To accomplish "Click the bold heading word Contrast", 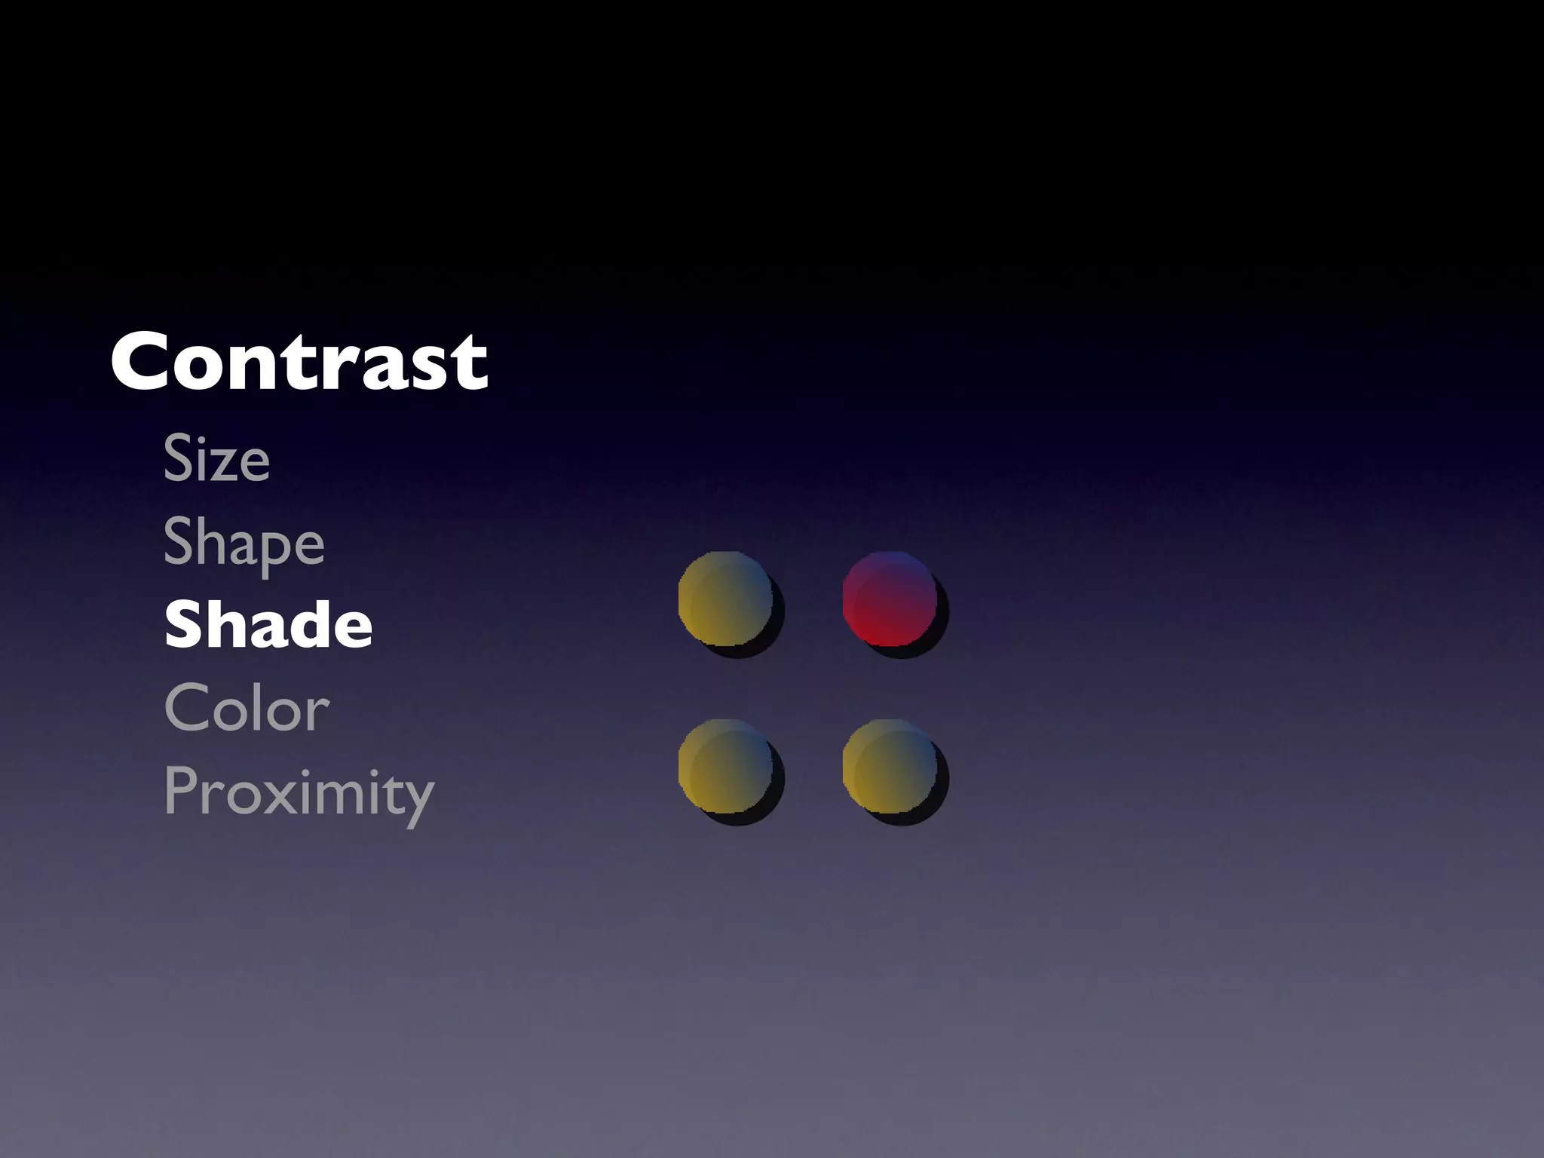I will point(299,363).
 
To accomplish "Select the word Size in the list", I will point(216,458).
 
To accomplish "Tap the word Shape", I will point(244,543).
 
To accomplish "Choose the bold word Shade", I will point(268,624).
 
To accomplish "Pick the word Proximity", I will point(299,792).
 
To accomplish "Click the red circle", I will point(890,599).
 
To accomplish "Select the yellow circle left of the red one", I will point(725,599).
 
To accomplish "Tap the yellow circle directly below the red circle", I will point(890,767).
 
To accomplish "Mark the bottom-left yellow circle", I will point(725,767).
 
